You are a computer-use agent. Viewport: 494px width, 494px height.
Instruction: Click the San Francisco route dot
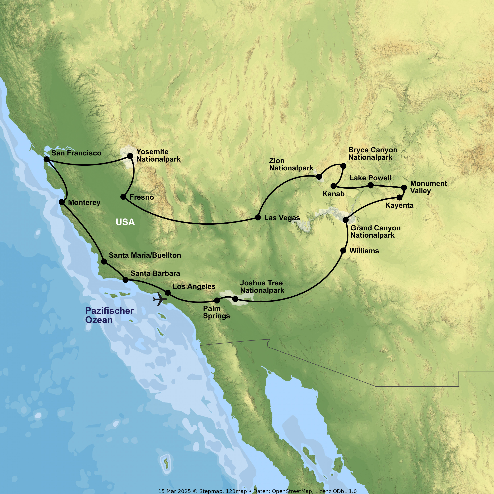[47, 159]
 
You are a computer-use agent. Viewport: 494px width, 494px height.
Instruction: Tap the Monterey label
[84, 203]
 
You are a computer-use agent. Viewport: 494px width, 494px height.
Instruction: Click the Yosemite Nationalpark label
[158, 155]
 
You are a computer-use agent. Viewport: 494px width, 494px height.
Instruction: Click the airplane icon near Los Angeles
[160, 299]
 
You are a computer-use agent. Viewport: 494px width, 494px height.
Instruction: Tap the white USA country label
[125, 222]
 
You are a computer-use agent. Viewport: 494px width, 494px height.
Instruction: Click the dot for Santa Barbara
[125, 280]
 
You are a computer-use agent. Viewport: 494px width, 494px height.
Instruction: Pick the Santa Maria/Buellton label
[145, 255]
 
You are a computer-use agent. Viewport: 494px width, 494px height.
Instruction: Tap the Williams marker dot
[343, 251]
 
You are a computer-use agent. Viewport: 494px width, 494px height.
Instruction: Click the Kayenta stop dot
[399, 197]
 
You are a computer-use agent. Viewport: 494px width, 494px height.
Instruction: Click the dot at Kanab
[334, 186]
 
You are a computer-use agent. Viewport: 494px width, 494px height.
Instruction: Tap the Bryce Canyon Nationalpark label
[372, 153]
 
